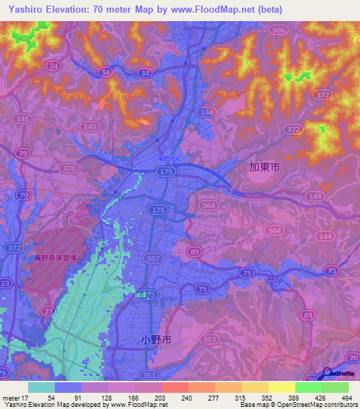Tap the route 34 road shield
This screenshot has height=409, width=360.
click(x=105, y=72)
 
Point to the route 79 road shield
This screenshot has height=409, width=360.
click(x=24, y=153)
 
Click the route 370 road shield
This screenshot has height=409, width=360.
click(x=69, y=169)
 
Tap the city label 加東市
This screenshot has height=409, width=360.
click(x=264, y=168)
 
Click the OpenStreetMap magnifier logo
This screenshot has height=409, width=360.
click(x=328, y=373)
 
